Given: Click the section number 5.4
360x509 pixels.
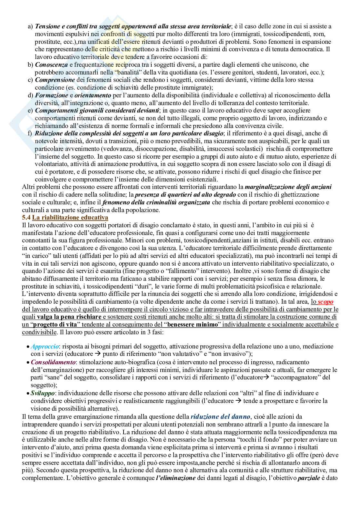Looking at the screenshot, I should coord(26,218).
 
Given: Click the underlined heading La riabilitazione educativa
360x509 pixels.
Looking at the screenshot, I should coord(70,218).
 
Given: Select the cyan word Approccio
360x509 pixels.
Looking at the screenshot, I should coord(45,347).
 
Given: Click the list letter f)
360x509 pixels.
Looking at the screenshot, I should coord(30,133).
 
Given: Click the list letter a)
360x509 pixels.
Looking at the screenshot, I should coord(30,26).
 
